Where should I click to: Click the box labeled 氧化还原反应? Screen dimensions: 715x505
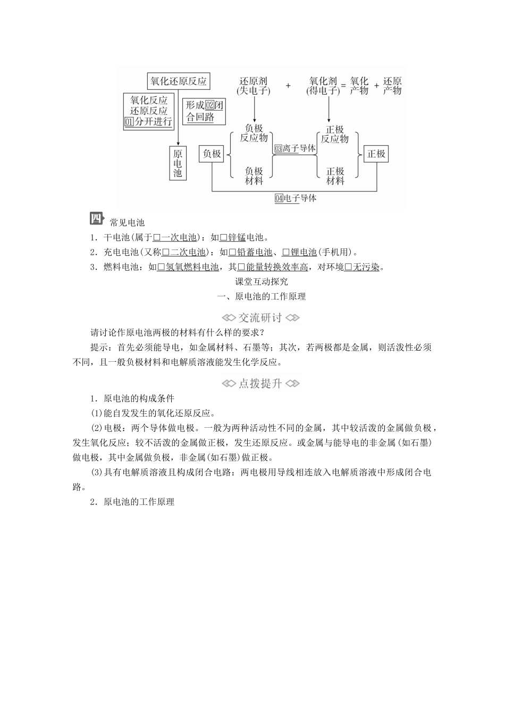178,81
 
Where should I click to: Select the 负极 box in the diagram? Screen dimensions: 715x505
212,154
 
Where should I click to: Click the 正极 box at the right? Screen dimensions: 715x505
376,154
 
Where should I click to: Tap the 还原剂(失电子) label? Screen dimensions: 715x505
254,86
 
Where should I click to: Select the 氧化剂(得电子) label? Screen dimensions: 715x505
323,86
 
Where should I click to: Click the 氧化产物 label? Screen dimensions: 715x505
359,86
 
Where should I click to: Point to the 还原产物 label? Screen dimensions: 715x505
392,86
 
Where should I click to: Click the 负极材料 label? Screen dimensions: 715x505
254,176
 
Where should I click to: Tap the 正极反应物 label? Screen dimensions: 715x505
335,134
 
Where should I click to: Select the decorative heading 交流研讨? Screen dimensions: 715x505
260,318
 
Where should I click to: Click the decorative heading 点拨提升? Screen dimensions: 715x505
260,383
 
